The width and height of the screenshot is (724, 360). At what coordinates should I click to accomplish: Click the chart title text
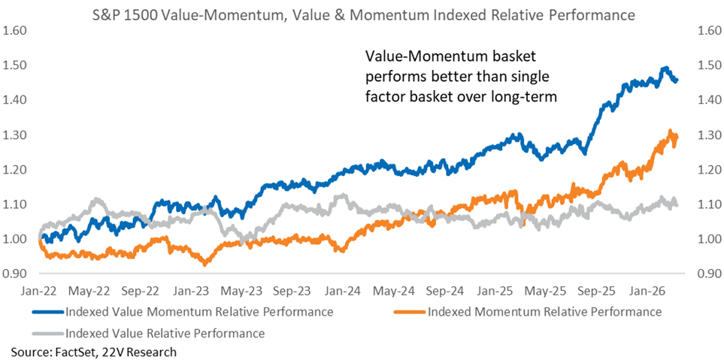coord(362,14)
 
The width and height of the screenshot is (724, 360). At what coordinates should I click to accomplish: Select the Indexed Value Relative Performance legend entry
coord(165,332)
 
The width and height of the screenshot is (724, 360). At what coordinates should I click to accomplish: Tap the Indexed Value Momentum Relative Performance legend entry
coord(199,311)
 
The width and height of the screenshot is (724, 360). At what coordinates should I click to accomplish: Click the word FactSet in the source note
coord(68,351)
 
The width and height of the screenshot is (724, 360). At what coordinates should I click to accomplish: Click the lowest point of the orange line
coord(204,264)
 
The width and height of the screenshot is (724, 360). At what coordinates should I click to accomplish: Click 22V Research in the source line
coord(135,351)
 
